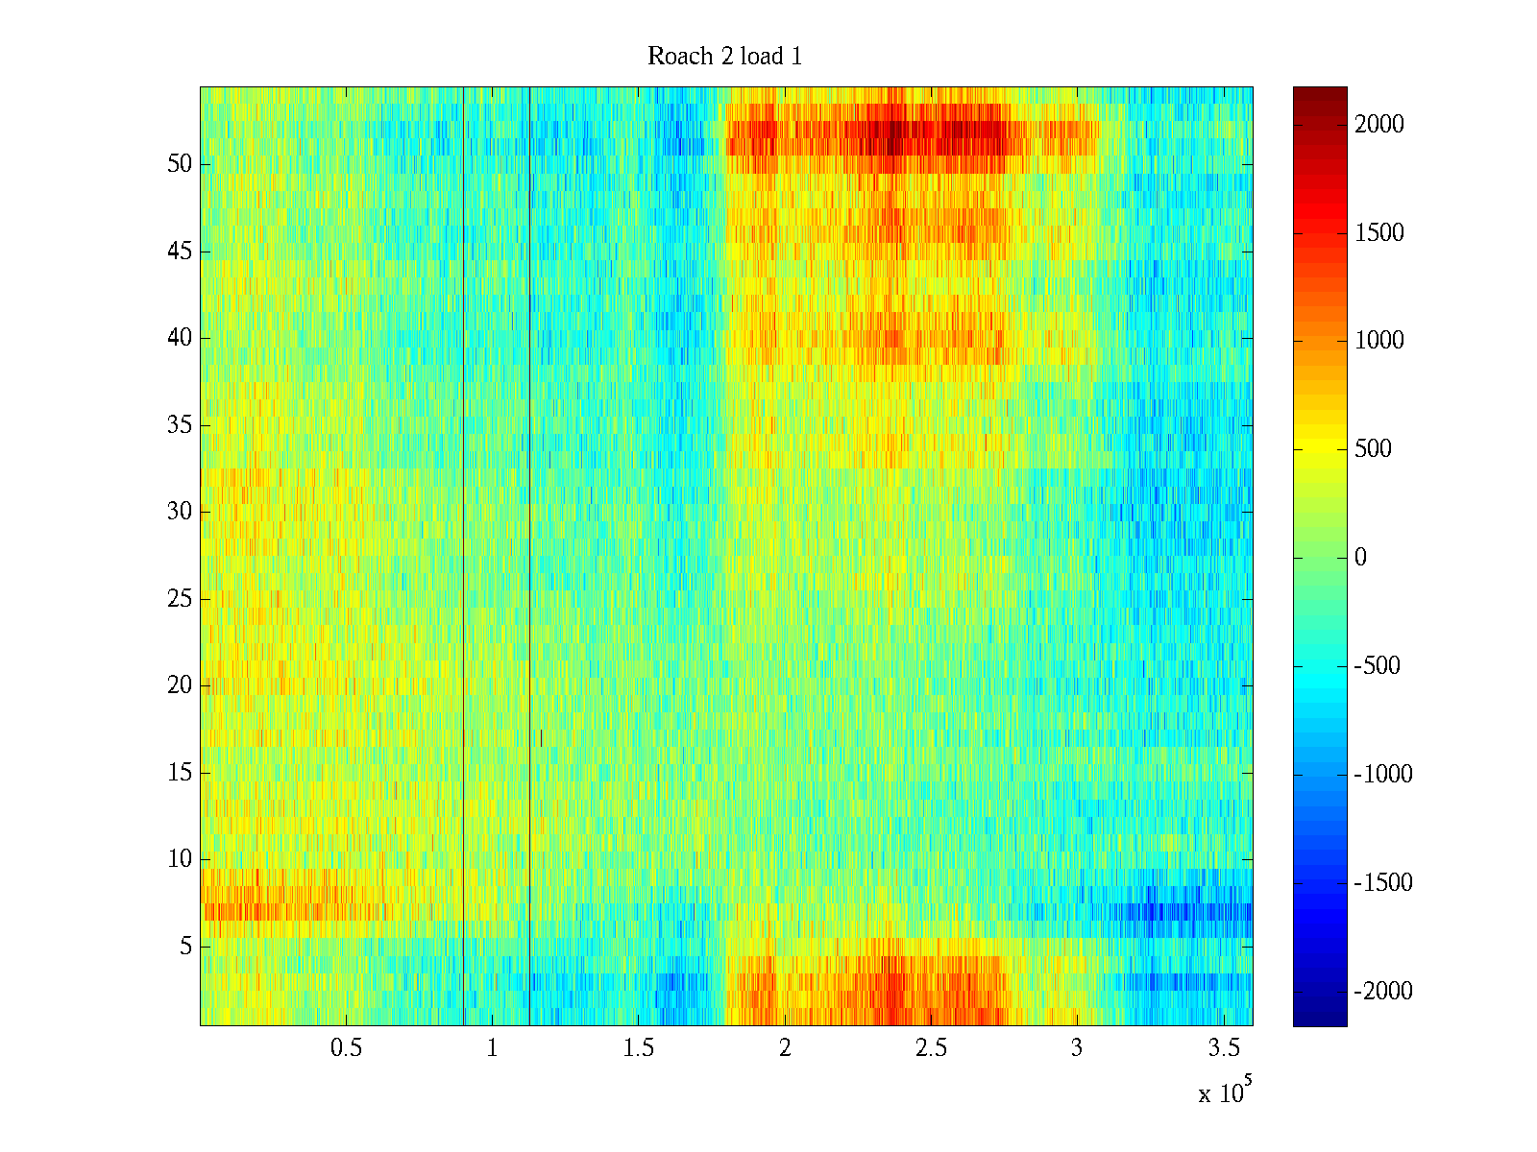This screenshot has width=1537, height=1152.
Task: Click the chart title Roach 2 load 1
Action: click(x=725, y=57)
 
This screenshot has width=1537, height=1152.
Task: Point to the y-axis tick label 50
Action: click(x=180, y=164)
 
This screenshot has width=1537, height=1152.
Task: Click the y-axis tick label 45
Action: click(x=180, y=252)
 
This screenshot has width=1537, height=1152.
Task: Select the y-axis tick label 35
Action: click(x=180, y=425)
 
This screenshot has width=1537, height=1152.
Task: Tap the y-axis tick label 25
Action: click(x=180, y=599)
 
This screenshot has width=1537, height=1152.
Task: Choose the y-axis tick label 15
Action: click(x=180, y=773)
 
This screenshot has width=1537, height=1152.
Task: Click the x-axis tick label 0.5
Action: click(x=346, y=1048)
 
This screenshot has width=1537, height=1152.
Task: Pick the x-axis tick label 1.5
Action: click(x=638, y=1048)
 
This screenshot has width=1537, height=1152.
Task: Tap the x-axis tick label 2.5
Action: click(x=931, y=1048)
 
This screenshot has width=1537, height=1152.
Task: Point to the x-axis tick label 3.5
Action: click(x=1223, y=1048)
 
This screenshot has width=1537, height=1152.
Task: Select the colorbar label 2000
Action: click(x=1379, y=125)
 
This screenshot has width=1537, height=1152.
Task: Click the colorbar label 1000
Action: click(x=1379, y=341)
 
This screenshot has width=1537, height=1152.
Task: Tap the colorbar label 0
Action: click(x=1360, y=558)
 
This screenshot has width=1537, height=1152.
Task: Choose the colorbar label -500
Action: click(x=1381, y=666)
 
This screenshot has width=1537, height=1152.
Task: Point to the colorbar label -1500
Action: click(x=1383, y=883)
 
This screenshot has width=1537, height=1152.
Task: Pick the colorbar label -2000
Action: click(x=1383, y=992)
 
